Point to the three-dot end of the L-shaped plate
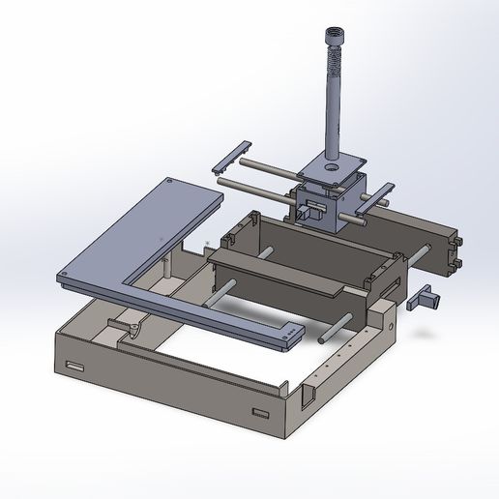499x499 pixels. pyautogui.click(x=290, y=335)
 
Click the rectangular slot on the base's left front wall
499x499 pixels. pyautogui.click(x=74, y=366)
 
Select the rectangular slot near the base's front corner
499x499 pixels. pyautogui.click(x=260, y=414)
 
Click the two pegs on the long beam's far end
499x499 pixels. pyautogui.click(x=455, y=249)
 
